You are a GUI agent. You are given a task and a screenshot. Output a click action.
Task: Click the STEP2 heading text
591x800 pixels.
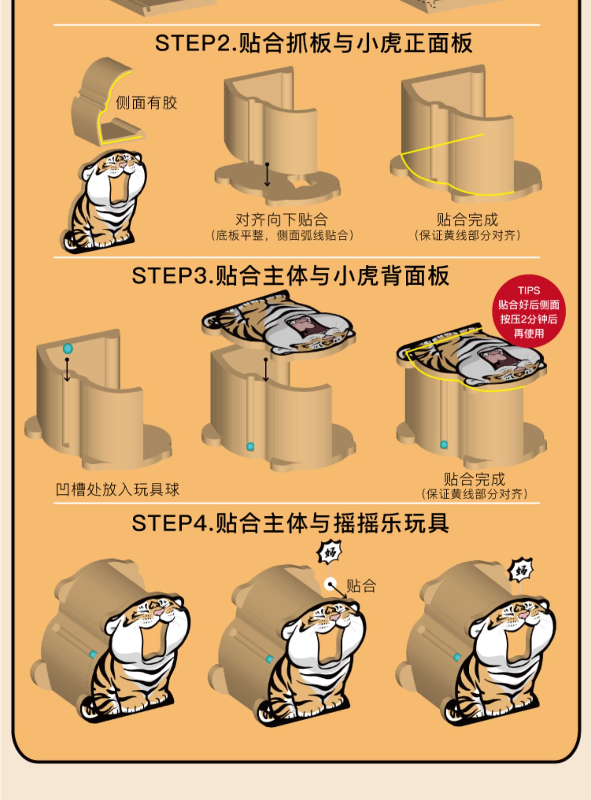(x=313, y=43)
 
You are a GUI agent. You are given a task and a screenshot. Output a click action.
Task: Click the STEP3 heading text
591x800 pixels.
(x=290, y=275)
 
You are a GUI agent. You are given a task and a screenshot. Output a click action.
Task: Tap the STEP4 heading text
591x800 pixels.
(x=290, y=523)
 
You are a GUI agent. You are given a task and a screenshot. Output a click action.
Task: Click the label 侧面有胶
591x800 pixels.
(x=146, y=103)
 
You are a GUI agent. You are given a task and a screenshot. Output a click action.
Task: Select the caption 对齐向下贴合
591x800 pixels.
(x=281, y=219)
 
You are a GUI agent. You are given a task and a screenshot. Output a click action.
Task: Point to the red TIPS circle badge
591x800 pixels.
(x=528, y=311)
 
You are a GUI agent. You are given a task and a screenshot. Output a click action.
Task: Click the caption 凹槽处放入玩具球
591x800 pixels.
(x=117, y=489)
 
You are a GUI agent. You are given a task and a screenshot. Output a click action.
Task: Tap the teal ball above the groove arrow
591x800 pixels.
(x=68, y=348)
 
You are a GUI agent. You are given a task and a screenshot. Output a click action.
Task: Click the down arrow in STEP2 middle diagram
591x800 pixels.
(x=267, y=175)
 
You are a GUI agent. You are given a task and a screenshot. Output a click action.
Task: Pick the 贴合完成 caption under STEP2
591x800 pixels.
(x=467, y=219)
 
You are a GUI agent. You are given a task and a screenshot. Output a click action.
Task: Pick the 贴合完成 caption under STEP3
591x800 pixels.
(x=474, y=479)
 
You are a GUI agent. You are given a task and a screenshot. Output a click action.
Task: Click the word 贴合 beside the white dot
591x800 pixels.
(x=361, y=586)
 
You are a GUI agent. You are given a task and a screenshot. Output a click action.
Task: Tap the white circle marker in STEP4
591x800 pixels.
(x=330, y=584)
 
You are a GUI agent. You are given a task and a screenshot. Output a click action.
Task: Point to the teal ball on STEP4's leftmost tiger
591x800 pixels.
(x=93, y=655)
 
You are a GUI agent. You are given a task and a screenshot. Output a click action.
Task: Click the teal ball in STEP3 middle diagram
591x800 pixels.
(x=250, y=447)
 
